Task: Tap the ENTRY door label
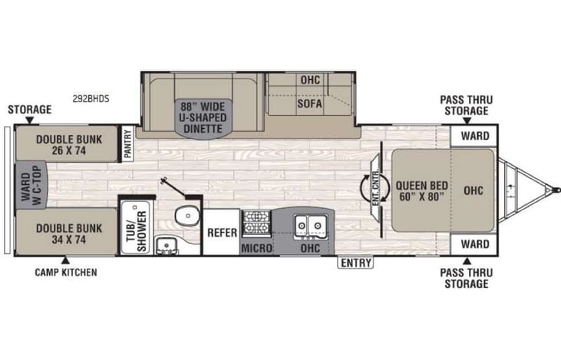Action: pyautogui.click(x=356, y=263)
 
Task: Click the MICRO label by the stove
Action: pyautogui.click(x=256, y=248)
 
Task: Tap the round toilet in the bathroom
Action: pyautogui.click(x=184, y=216)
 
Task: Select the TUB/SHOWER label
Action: pyautogui.click(x=135, y=229)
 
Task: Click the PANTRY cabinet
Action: pyautogui.click(x=127, y=144)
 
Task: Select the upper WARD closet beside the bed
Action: pyautogui.click(x=475, y=136)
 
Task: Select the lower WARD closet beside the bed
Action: pyautogui.click(x=475, y=245)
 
